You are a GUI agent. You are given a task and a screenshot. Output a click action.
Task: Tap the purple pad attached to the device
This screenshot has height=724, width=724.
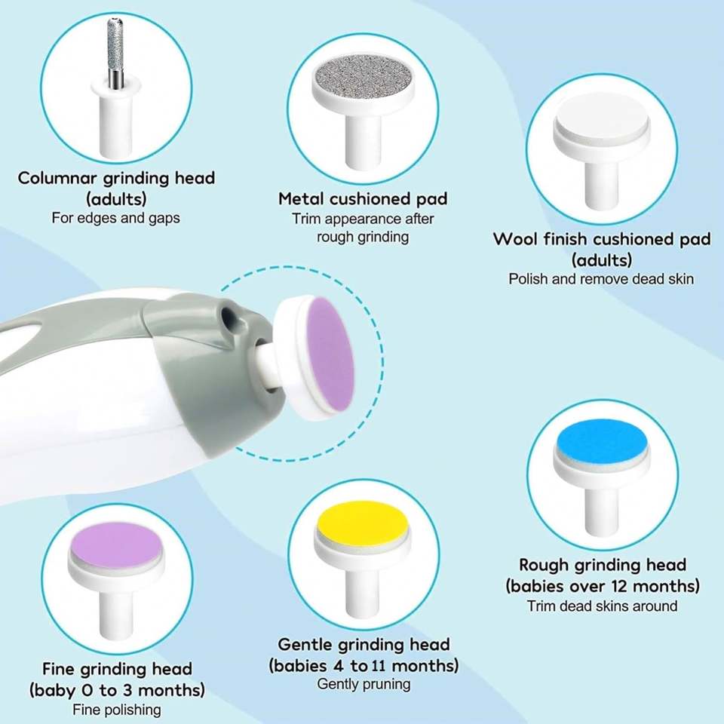coord(330,353)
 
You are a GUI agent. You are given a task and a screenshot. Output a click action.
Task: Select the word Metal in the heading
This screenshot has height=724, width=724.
coord(302,199)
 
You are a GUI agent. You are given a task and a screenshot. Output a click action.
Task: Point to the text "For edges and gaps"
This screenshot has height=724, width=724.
coord(116,218)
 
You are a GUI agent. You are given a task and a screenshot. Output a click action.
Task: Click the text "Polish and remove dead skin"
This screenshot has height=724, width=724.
coord(601,279)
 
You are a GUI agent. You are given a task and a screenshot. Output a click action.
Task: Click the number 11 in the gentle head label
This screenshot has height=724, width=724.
coord(378,666)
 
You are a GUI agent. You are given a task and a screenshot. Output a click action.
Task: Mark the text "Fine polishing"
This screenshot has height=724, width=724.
coord(117,710)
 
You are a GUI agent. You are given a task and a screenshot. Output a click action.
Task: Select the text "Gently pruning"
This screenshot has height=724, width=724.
coord(364,684)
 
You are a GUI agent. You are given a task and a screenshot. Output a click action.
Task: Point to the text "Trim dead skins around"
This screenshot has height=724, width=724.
coord(602,606)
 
